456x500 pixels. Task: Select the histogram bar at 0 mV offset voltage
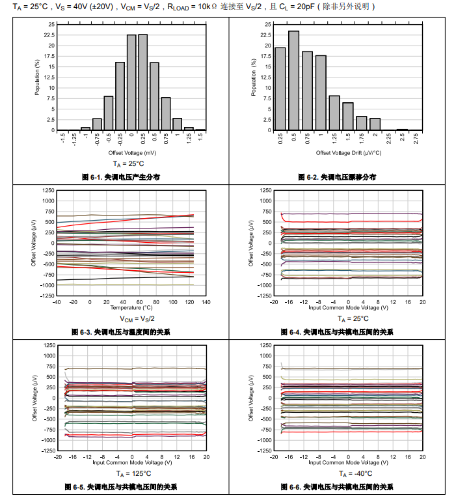[x=131, y=83]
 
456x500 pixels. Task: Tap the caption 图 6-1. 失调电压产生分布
[x=121, y=177]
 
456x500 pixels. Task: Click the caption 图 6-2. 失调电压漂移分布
[x=337, y=177]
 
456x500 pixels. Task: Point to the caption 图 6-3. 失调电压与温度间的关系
[x=121, y=332]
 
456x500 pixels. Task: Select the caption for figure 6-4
[x=337, y=332]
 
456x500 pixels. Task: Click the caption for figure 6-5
[x=121, y=487]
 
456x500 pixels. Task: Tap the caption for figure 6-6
[x=337, y=487]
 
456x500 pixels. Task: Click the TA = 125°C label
[x=133, y=474]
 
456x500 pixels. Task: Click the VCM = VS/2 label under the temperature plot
[x=137, y=319]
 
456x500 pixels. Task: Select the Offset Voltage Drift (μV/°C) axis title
[x=348, y=152]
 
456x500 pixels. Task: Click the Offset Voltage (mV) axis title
[x=131, y=152]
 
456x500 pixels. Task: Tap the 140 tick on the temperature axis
[x=206, y=302]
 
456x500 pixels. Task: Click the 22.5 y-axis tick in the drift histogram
[x=265, y=35]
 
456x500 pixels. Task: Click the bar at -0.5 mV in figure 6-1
[x=108, y=113]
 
